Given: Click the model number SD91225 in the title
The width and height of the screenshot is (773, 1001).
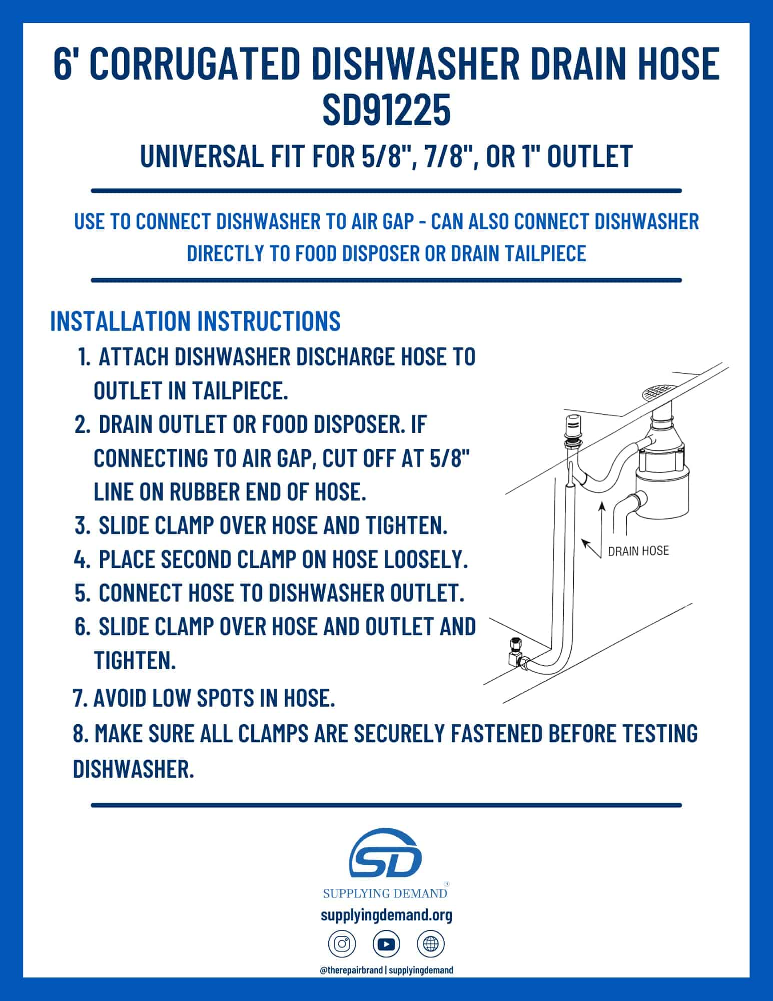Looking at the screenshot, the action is [x=386, y=111].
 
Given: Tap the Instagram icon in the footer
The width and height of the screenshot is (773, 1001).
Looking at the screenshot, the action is [x=342, y=944].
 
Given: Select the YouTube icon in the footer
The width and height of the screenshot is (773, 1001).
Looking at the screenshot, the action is [x=386, y=944].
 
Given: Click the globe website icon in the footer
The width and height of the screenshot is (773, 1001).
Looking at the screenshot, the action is [x=431, y=944].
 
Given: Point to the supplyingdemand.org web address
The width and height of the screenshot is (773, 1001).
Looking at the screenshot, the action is [x=386, y=915].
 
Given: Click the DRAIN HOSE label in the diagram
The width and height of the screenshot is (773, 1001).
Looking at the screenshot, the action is [x=638, y=551].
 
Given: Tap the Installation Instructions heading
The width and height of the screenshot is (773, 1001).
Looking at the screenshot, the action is [x=195, y=320].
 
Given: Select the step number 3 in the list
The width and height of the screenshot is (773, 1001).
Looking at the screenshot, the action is [x=82, y=526].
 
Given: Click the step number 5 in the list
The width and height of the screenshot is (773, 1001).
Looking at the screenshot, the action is [x=82, y=593].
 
